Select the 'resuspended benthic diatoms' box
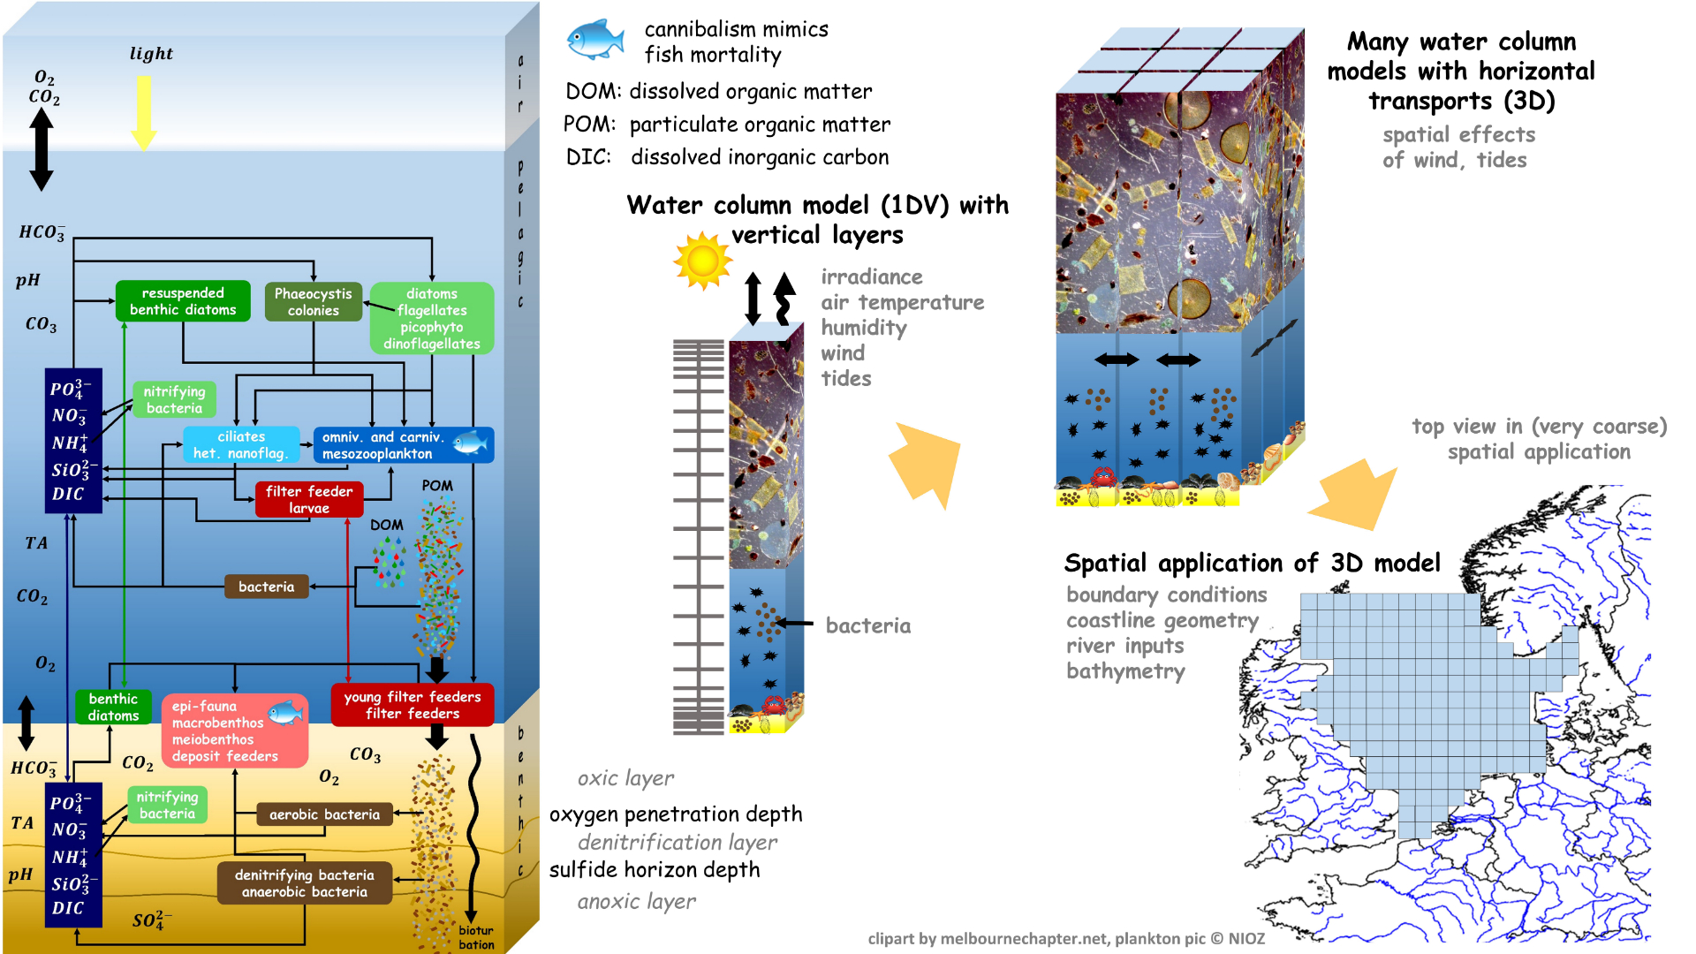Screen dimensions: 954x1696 pyautogui.click(x=183, y=301)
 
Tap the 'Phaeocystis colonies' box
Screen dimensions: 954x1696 pyautogui.click(x=313, y=301)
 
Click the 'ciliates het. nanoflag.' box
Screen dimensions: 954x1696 pyautogui.click(x=241, y=444)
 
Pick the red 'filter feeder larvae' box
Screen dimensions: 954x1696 pyautogui.click(x=308, y=499)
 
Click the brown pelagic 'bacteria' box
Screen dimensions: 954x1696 pyautogui.click(x=266, y=587)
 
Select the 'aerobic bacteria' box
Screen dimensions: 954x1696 pyautogui.click(x=324, y=814)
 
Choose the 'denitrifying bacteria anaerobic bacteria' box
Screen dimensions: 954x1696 pyautogui.click(x=304, y=883)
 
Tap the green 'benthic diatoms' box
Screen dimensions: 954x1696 pyautogui.click(x=113, y=707)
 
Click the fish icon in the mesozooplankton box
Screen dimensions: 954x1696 pyautogui.click(x=471, y=442)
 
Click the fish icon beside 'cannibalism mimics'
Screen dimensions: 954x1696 pyautogui.click(x=595, y=40)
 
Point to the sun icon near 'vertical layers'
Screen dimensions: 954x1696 pyautogui.click(x=702, y=261)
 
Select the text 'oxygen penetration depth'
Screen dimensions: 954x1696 pyautogui.click(x=676, y=814)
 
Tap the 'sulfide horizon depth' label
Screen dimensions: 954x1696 pyautogui.click(x=654, y=870)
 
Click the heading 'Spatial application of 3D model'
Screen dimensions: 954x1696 pyautogui.click(x=1252, y=563)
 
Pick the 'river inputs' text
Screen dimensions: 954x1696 pyautogui.click(x=1124, y=646)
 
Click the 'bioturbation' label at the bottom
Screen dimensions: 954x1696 pyautogui.click(x=476, y=937)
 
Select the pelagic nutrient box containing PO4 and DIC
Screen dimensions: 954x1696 pyautogui.click(x=73, y=441)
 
